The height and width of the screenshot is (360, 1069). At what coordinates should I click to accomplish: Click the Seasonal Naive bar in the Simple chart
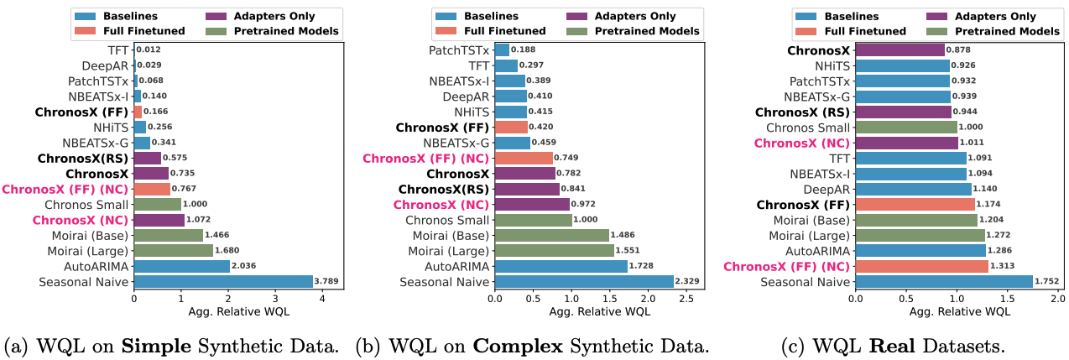(x=222, y=281)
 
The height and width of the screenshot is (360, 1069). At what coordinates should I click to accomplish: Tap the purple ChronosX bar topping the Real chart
(x=900, y=50)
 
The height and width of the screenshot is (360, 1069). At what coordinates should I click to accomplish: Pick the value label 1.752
(x=1046, y=281)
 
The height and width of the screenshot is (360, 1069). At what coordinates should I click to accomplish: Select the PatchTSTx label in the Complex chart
(x=460, y=50)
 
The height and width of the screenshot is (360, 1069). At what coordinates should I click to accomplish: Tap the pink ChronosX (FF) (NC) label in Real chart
(x=787, y=265)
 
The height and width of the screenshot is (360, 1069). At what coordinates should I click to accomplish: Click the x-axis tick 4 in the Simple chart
(x=321, y=297)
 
